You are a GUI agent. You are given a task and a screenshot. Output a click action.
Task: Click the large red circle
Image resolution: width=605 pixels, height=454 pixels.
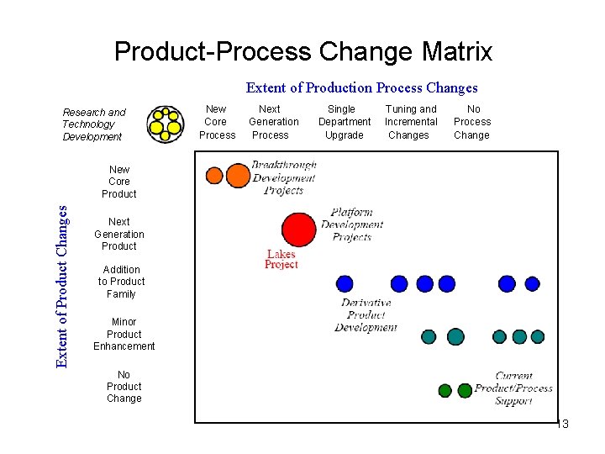tap(298, 230)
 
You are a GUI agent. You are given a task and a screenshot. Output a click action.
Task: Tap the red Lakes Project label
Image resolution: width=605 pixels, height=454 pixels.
tap(281, 259)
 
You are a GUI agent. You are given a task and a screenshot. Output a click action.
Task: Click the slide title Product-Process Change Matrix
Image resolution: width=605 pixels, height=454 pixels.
tap(303, 52)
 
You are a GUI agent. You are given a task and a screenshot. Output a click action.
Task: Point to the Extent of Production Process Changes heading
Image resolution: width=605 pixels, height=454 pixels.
tap(361, 87)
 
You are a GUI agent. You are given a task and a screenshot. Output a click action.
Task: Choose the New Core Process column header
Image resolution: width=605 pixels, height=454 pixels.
tap(217, 122)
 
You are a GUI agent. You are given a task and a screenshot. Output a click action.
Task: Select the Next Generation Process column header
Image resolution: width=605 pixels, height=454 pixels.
tap(272, 122)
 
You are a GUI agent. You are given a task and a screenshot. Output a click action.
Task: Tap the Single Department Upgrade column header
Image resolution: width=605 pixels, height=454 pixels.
tap(344, 122)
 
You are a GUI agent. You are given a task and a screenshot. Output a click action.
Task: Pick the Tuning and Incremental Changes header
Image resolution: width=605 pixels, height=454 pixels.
tap(411, 122)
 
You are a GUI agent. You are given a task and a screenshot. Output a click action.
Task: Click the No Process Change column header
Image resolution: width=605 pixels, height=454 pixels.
tap(472, 122)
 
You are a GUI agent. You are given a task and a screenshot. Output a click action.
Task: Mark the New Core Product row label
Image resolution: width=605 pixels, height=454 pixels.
tap(119, 182)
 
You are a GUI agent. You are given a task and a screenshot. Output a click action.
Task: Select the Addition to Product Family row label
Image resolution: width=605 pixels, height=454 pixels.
tap(121, 282)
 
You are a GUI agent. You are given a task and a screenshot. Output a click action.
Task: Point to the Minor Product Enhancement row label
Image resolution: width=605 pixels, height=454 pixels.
tap(124, 334)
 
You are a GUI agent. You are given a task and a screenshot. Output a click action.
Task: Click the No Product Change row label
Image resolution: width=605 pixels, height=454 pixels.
tap(124, 387)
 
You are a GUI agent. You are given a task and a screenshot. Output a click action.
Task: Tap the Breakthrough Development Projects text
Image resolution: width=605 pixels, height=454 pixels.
tap(284, 177)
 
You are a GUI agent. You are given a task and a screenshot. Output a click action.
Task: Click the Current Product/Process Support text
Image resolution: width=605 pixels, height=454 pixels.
tap(513, 388)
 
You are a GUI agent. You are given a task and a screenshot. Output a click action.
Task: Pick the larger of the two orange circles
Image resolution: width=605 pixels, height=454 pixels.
tap(239, 176)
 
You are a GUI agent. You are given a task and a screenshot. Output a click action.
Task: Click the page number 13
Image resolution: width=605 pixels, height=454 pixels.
tap(562, 425)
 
